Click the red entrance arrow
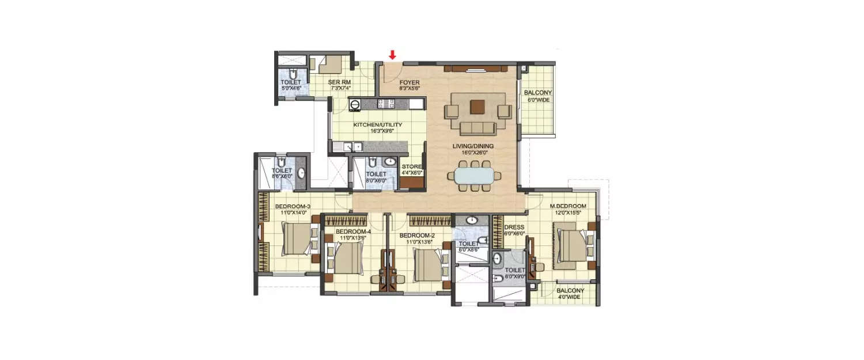(x=392, y=55)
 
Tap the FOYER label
(x=410, y=83)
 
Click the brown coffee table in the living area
(x=478, y=107)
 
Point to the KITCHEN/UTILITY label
(x=377, y=124)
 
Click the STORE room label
(x=411, y=166)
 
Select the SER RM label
(x=338, y=82)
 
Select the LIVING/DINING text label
(x=473, y=146)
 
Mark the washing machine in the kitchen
(x=355, y=105)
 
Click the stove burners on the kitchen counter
(x=384, y=104)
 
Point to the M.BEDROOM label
(x=568, y=206)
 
